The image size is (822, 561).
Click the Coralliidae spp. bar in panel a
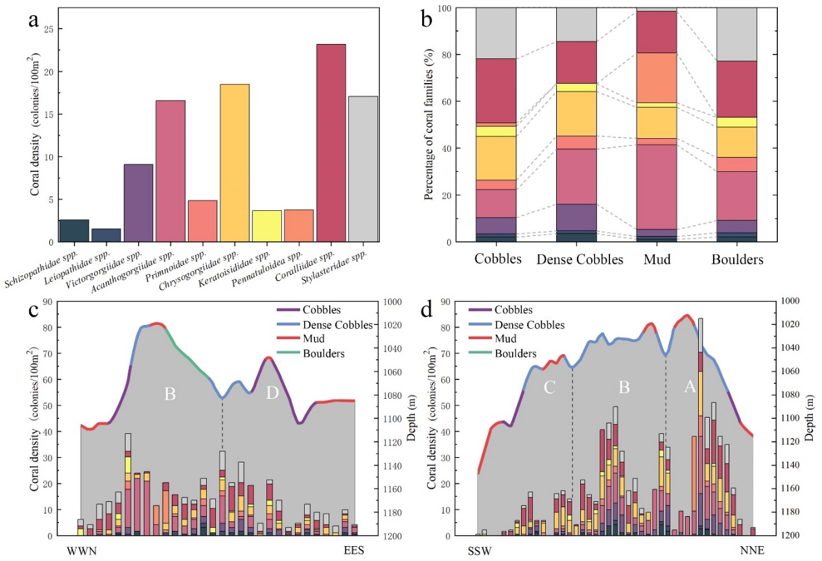330,143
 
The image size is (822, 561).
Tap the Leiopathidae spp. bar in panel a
106,235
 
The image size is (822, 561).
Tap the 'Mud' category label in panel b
658,259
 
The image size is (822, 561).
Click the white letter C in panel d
550,387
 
